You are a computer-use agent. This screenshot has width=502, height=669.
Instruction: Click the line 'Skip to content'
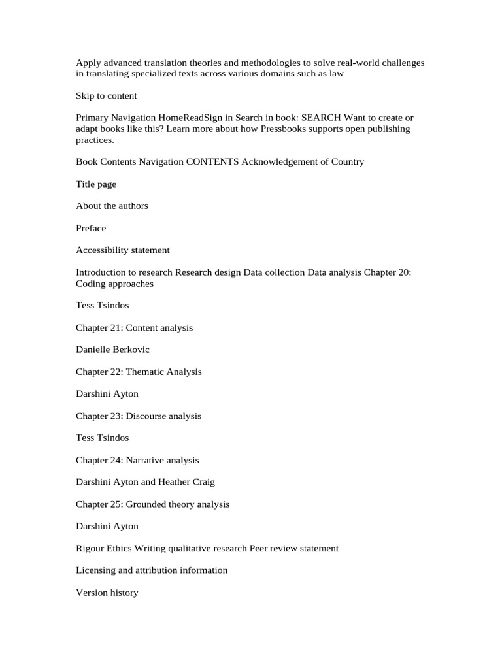coord(107,96)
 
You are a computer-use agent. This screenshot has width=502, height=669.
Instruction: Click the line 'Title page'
coord(96,184)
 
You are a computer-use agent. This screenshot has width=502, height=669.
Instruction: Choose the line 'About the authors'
coord(112,206)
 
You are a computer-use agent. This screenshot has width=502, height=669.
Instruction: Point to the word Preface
coord(91,228)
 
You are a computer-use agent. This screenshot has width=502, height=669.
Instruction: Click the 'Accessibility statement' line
coord(123,250)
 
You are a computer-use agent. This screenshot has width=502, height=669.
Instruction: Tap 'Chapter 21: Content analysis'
coord(134,327)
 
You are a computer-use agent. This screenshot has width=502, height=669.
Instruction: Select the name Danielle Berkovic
coord(112,350)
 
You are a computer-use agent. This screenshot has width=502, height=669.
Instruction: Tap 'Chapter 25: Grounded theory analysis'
coord(152,504)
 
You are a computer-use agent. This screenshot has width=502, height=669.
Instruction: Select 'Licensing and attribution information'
coord(152,570)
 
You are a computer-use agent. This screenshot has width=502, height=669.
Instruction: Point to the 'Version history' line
coord(107,593)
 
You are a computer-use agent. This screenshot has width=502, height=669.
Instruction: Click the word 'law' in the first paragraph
coord(337,74)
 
